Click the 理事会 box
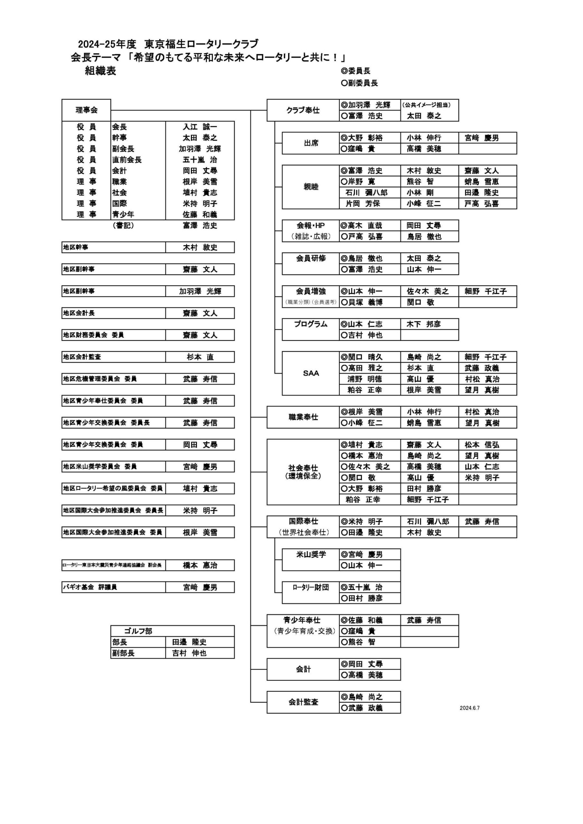tap(86, 110)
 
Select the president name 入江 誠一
tap(200, 127)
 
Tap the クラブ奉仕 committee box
tap(303, 110)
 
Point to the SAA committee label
tap(311, 373)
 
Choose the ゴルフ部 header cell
tap(138, 631)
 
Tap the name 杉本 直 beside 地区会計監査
tap(200, 357)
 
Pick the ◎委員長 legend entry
tap(356, 71)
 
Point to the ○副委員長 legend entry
tap(359, 83)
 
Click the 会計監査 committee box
tap(303, 702)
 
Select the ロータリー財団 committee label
tap(311, 587)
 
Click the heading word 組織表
tap(100, 71)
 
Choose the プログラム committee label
tap(311, 324)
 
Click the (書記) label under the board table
tap(123, 225)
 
